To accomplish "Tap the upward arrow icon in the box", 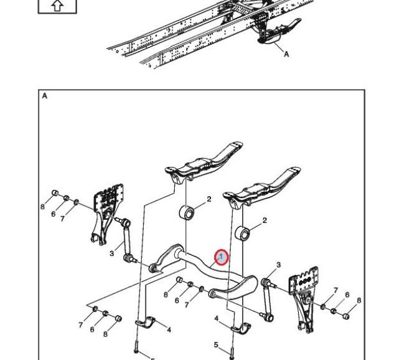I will (x=57, y=6).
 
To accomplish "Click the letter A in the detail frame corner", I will (x=45, y=97).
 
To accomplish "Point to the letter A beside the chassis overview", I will (x=287, y=54).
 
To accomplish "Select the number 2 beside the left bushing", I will (x=209, y=199).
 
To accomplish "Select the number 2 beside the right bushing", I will (x=265, y=220).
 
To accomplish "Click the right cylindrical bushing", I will (x=243, y=234).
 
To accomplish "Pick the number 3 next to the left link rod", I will (x=112, y=253).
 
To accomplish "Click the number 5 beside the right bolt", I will (x=216, y=344).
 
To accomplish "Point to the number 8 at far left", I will (x=42, y=206).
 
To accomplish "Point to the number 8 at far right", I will (x=359, y=300).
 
